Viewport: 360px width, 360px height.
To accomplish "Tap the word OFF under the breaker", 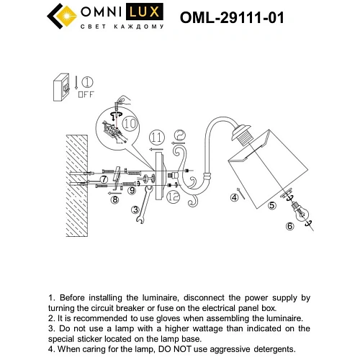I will pos(87,94).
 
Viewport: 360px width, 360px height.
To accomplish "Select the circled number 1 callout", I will pos(88,81).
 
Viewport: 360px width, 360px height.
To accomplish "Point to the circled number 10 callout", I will pos(129,123).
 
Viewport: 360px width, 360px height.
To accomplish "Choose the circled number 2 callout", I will pos(181,133).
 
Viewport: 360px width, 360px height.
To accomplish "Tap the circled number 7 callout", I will pos(104,178).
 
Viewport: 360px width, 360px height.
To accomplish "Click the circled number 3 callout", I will pos(135,210).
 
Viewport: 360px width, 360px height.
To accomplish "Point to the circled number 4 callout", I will pos(234,197).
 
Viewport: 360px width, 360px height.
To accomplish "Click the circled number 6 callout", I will pos(290,226).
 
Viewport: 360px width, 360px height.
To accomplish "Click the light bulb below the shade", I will pos(302,213).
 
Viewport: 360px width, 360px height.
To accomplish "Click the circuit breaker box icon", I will pos(63,86).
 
